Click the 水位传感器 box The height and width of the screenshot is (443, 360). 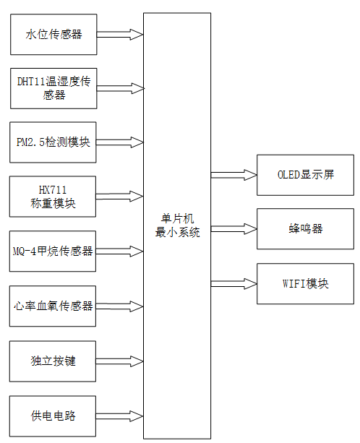[53, 34]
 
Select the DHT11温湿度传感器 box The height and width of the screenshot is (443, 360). [53, 88]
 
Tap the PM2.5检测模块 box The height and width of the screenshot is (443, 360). [53, 142]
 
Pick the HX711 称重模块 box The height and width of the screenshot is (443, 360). [53, 196]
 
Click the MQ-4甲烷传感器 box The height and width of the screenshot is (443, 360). [53, 251]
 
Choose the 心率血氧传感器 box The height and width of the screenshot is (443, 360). [53, 306]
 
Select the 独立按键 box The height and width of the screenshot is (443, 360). [53, 361]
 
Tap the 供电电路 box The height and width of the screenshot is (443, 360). [53, 416]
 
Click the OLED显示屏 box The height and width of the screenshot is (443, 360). [305, 175]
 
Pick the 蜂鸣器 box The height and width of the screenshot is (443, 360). [305, 229]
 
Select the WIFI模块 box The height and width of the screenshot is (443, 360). [305, 283]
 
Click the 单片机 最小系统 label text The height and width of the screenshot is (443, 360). [176, 225]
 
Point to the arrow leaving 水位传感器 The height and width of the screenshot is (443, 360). [119, 34]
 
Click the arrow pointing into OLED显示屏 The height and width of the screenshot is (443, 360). [233, 175]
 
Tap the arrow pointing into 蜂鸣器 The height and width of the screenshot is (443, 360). [233, 229]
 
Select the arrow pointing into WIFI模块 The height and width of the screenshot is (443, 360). [233, 283]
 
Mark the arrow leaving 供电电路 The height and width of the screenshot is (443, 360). [119, 416]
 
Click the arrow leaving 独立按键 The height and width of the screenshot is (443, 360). [119, 361]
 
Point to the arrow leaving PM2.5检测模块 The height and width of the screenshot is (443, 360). [119, 142]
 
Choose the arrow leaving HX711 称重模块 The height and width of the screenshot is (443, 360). [119, 196]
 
